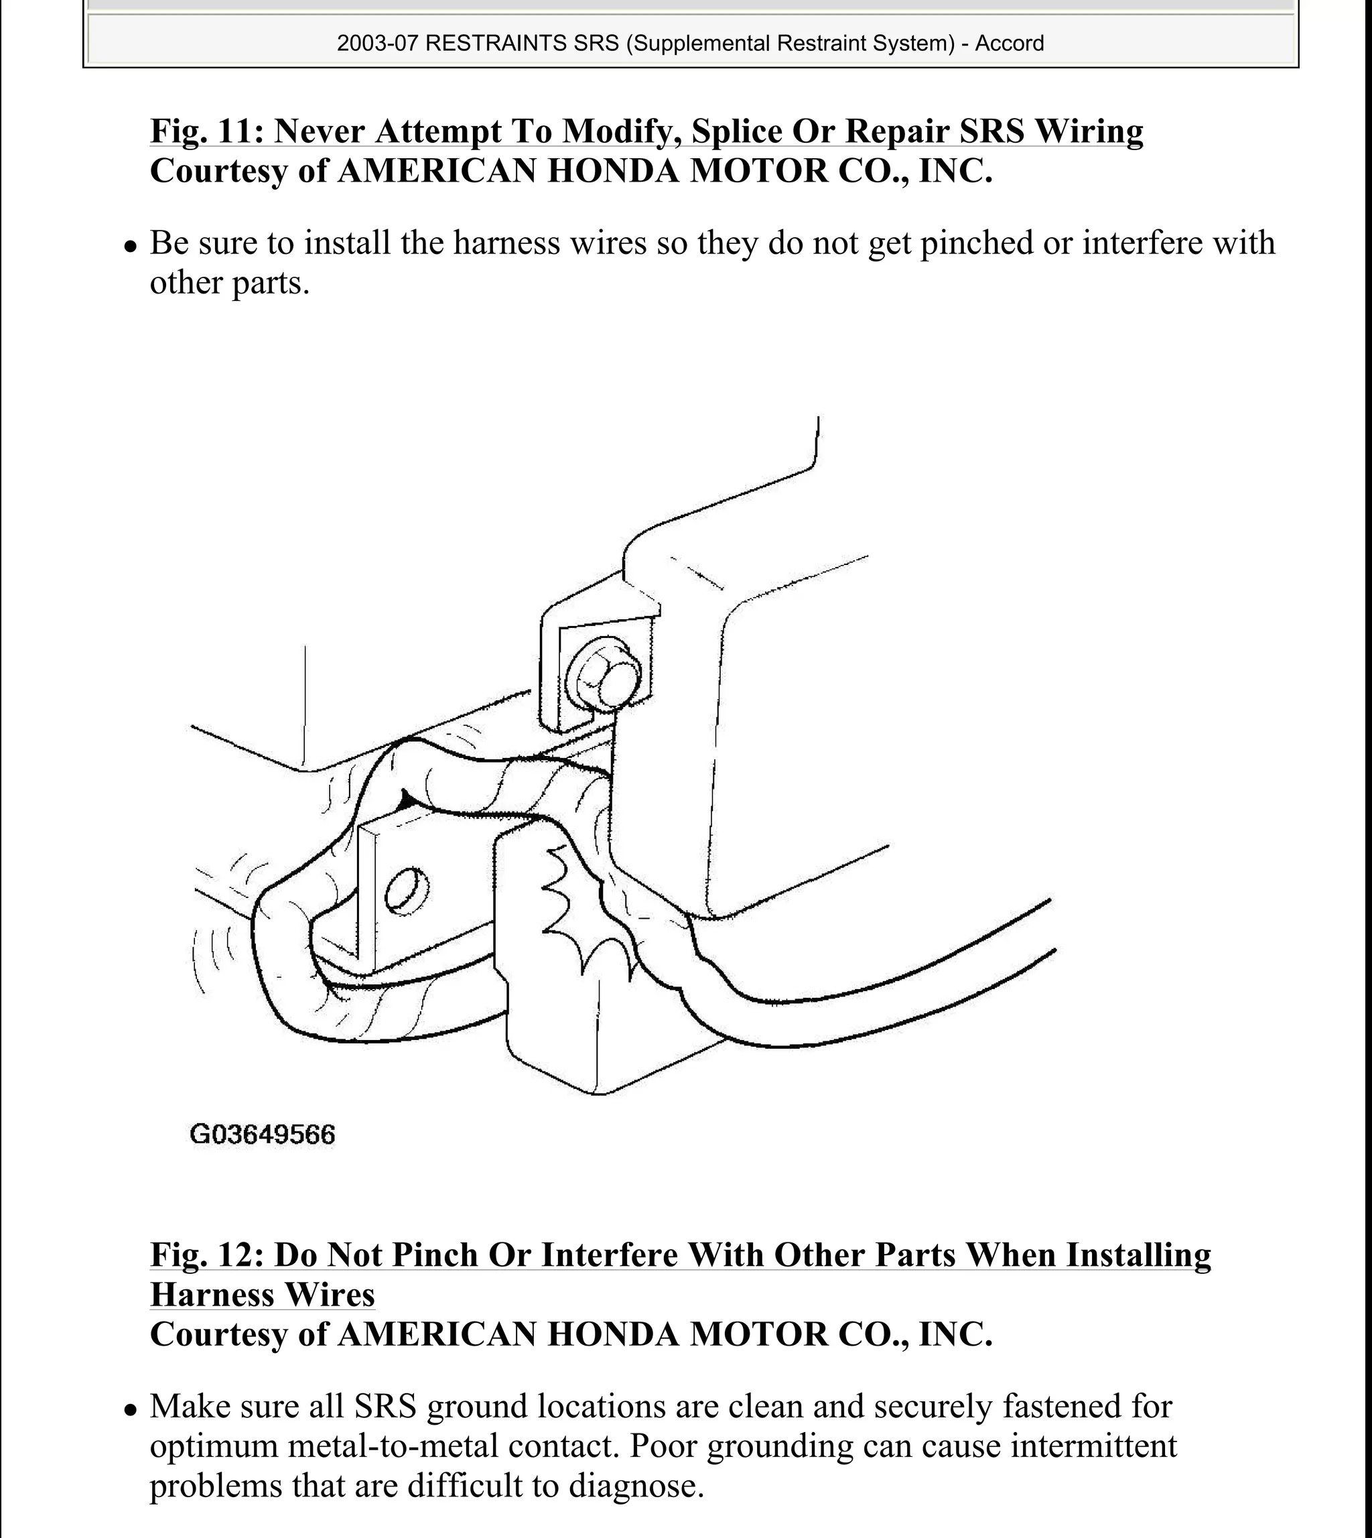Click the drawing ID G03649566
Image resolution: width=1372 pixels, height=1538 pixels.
pyautogui.click(x=263, y=1135)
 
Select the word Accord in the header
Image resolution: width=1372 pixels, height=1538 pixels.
pyautogui.click(x=1010, y=43)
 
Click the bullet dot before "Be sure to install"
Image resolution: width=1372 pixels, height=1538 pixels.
pyautogui.click(x=131, y=246)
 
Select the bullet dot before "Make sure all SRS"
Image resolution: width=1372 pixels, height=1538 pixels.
pyautogui.click(x=131, y=1409)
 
